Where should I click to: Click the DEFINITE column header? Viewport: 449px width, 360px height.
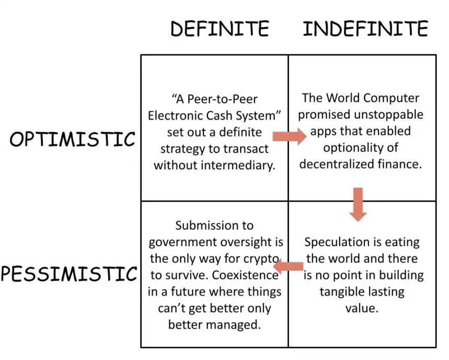[x=220, y=29]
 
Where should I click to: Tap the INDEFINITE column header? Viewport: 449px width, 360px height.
[x=365, y=29]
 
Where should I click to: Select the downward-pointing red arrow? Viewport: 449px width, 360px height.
[x=358, y=204]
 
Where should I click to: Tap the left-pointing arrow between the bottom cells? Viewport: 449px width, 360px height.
[x=289, y=267]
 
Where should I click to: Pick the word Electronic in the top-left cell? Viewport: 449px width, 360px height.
[x=181, y=115]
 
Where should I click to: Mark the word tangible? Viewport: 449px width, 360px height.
[x=340, y=292]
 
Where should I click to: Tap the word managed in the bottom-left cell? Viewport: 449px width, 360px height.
[x=235, y=324]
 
